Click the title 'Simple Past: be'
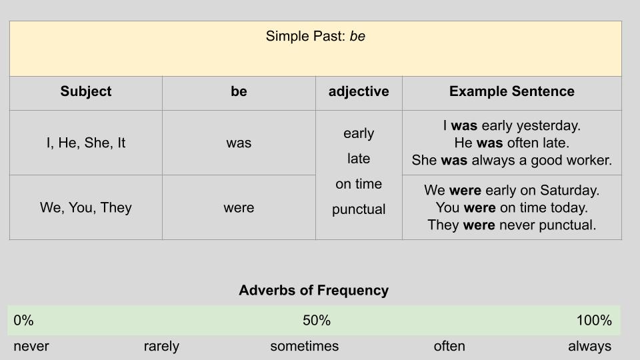tap(315, 36)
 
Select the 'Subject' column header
tap(86, 91)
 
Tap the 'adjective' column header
tap(359, 91)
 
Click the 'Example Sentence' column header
tap(512, 91)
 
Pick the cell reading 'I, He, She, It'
tap(86, 143)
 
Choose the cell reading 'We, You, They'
tap(86, 207)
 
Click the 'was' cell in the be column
tap(239, 143)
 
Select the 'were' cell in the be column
tap(239, 208)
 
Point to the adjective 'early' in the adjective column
tap(359, 133)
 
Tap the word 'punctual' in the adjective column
tap(359, 209)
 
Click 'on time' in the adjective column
tap(359, 184)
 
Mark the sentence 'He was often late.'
tap(512, 143)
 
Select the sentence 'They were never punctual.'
tap(512, 225)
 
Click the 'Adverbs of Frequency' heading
tap(314, 290)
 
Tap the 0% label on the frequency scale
tap(23, 321)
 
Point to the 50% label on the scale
tap(317, 321)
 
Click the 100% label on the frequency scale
tap(594, 321)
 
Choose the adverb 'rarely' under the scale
tap(161, 347)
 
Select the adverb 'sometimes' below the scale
tap(305, 346)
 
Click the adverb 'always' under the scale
tap(590, 347)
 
